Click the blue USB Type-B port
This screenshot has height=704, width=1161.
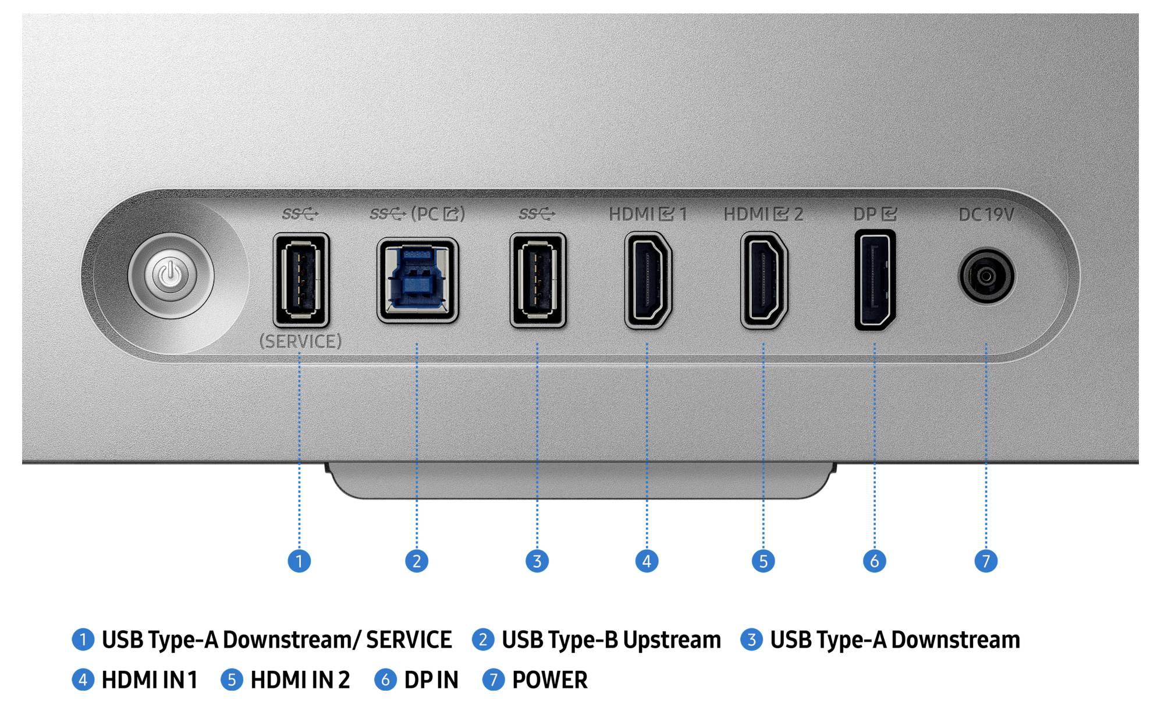pyautogui.click(x=417, y=280)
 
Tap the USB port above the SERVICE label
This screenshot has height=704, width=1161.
pyautogui.click(x=301, y=280)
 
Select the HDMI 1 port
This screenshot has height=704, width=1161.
pyautogui.click(x=648, y=280)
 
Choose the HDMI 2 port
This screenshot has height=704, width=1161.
pyautogui.click(x=764, y=280)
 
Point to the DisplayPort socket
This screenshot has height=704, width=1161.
pyautogui.click(x=875, y=280)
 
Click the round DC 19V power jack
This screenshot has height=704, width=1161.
pyautogui.click(x=986, y=276)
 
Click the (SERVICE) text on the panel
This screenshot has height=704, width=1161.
pyautogui.click(x=300, y=341)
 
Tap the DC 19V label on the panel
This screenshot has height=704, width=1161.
pyautogui.click(x=986, y=215)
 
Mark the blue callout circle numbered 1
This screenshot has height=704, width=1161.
pyautogui.click(x=299, y=561)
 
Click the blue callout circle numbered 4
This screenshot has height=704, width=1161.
pyautogui.click(x=647, y=561)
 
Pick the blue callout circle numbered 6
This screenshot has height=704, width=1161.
pyautogui.click(x=874, y=561)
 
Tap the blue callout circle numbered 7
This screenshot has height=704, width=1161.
pyautogui.click(x=986, y=561)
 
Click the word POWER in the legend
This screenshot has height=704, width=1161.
pyautogui.click(x=549, y=680)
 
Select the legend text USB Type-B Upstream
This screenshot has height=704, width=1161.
pyautogui.click(x=611, y=640)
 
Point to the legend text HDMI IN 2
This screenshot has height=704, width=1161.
pyautogui.click(x=300, y=680)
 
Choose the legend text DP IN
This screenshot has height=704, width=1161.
pyautogui.click(x=431, y=680)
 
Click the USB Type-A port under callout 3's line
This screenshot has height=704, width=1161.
pyautogui.click(x=538, y=280)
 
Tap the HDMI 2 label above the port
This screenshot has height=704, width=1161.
pyautogui.click(x=763, y=214)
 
